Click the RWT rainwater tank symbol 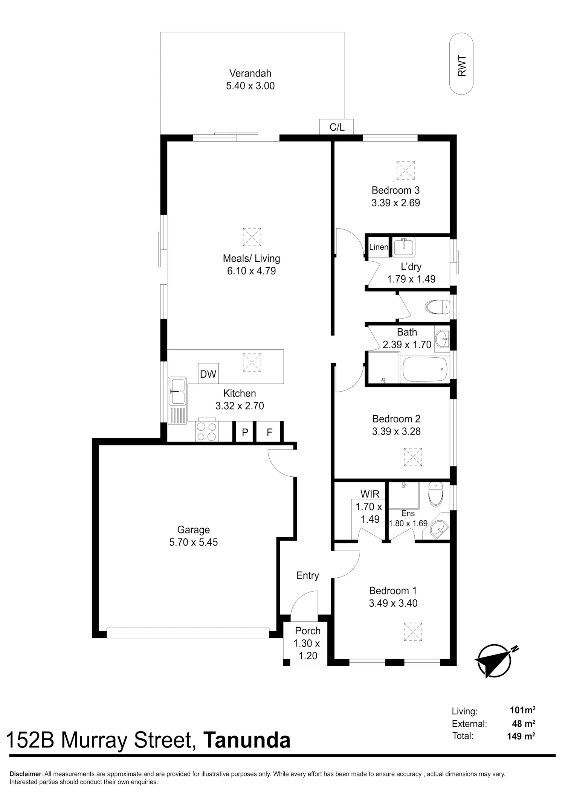point(461,64)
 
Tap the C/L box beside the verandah point(337,127)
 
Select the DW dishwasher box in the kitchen point(208,374)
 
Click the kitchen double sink point(177,391)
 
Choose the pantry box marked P point(245,432)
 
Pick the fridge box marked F point(269,432)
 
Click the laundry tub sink point(403,247)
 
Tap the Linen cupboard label point(379,247)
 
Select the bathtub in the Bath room point(425,369)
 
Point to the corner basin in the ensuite point(438,529)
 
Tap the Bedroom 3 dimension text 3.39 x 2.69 point(395,203)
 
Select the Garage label point(193,530)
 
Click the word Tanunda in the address point(247,740)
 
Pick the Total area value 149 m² point(521,736)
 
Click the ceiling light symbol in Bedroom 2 point(413,457)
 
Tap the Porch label point(308,631)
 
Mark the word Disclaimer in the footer point(25,774)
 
